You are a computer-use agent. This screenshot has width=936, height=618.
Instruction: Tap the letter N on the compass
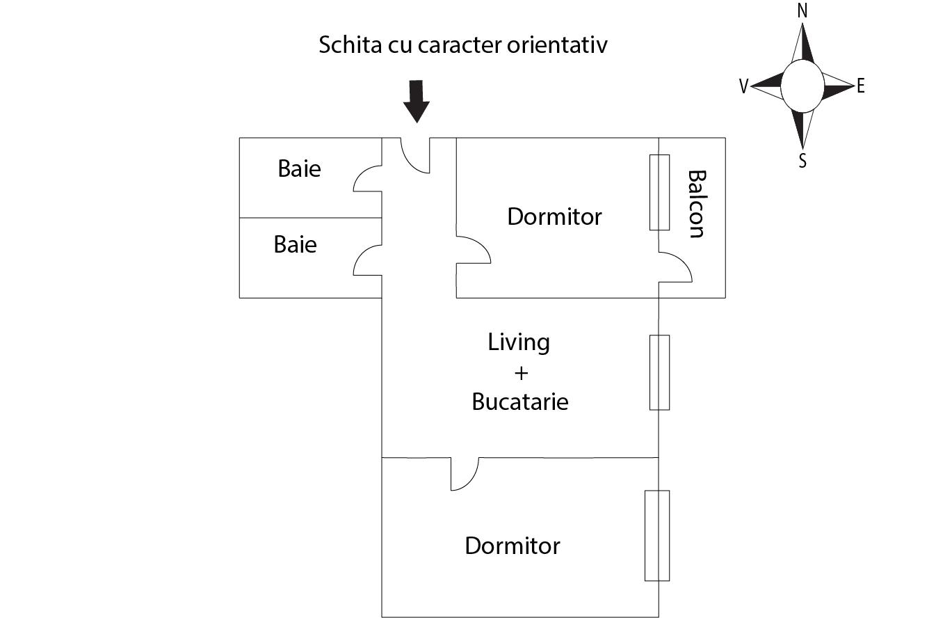802,12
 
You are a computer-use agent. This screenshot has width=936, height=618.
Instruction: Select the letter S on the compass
802,161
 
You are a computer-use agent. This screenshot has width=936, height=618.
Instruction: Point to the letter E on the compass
861,86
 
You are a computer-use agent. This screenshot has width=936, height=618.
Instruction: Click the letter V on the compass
743,86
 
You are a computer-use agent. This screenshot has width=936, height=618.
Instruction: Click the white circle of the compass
802,86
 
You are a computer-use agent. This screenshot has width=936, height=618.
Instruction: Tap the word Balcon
696,204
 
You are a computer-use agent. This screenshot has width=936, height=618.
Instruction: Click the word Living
519,342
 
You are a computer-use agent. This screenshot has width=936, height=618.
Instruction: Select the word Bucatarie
520,402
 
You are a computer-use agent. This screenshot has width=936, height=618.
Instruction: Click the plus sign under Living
521,373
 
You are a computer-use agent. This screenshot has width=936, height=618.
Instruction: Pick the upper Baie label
299,168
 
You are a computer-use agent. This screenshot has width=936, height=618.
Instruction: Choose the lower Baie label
295,244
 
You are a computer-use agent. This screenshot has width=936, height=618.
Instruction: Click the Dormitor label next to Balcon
554,216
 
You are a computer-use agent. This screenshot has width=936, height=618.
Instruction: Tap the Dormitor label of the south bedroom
513,545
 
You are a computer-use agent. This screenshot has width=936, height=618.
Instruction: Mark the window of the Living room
659,372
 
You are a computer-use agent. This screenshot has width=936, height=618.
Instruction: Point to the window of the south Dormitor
656,535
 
